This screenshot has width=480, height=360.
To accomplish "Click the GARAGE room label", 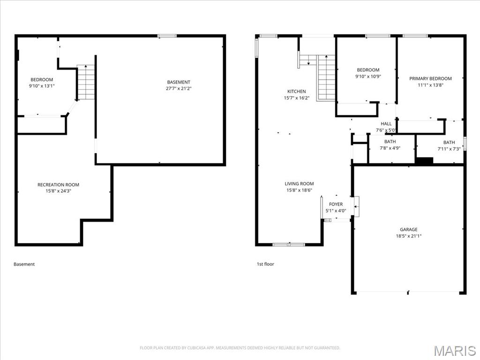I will point(408,230).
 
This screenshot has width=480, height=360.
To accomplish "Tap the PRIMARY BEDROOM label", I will point(430,79).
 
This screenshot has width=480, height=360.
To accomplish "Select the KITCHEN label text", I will point(296,91).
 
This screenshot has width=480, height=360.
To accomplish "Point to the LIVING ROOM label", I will point(299,184).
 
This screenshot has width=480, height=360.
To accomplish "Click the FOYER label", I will point(336,204).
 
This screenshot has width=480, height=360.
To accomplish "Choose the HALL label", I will point(386,124).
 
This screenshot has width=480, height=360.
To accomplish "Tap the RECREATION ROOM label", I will point(58,185).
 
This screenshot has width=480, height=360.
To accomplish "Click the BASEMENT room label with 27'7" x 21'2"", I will point(179,82).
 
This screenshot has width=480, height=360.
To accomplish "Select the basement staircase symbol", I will point(86,82).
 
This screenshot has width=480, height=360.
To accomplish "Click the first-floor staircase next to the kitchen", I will point(326,77).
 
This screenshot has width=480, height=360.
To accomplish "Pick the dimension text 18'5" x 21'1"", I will point(408,236).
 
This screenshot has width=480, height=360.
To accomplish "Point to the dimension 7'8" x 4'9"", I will point(390,148).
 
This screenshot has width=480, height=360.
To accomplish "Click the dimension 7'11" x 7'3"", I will point(449,149).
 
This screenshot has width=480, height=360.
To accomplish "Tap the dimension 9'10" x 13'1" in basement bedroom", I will point(42,86).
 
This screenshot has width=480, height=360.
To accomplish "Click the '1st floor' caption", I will point(265,264).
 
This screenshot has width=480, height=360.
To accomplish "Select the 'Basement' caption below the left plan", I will point(24,264).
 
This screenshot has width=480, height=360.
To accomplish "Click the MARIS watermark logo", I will point(454,351).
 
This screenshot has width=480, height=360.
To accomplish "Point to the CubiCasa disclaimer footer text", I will point(240,348).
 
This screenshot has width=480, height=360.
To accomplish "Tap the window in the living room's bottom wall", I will point(289,244).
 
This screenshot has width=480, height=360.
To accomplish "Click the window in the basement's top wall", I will point(167,36).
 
